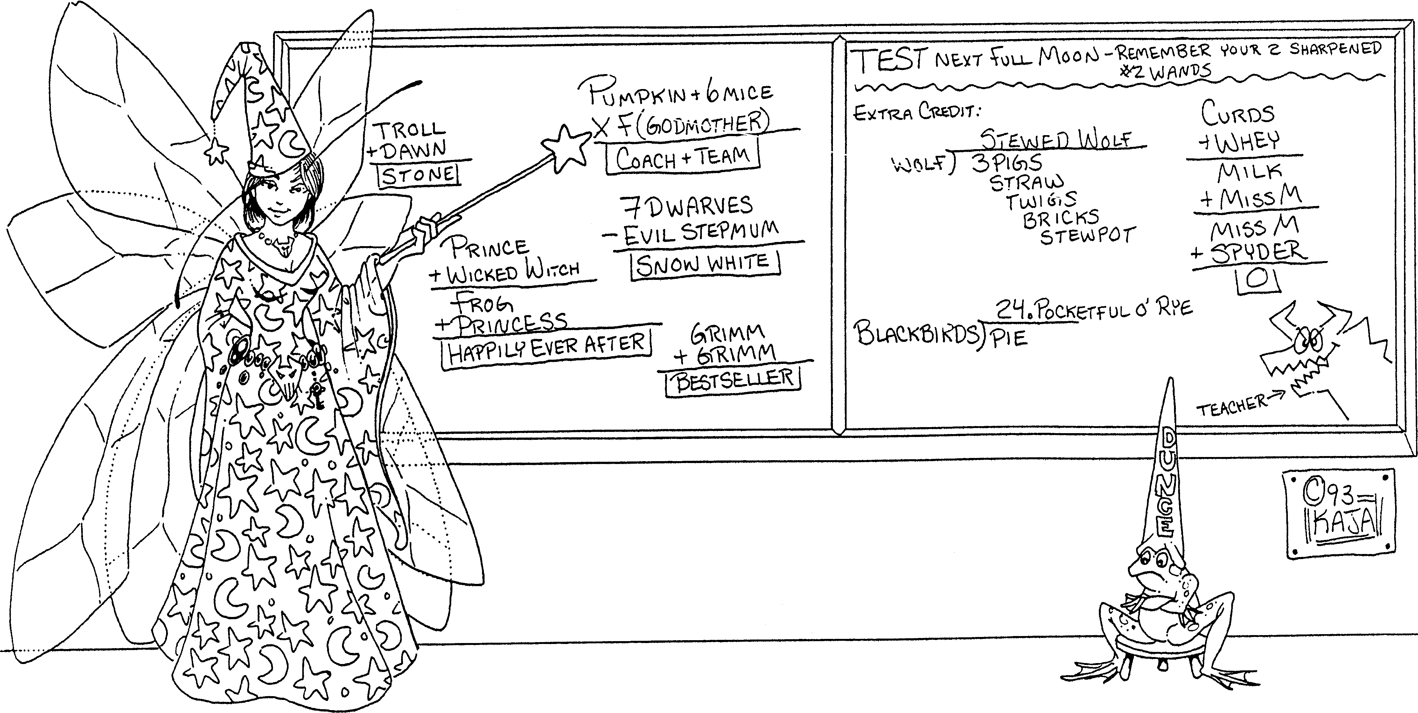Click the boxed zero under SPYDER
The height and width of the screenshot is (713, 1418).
click(1256, 280)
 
